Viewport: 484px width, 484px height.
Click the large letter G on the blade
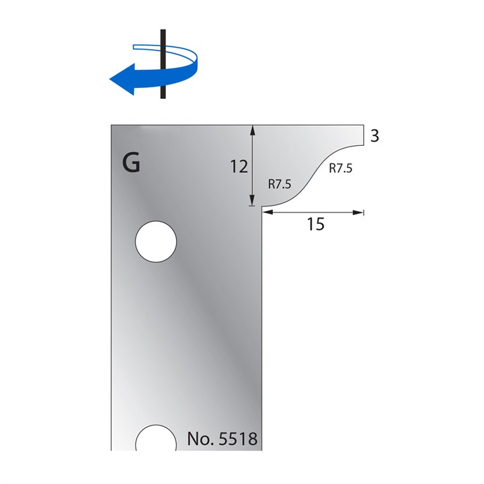click(x=131, y=163)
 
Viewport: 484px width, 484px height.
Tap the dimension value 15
click(x=315, y=225)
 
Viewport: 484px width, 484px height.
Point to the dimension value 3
click(x=375, y=135)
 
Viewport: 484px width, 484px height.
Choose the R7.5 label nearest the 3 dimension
click(x=339, y=169)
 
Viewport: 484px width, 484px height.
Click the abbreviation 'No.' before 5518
click(x=199, y=440)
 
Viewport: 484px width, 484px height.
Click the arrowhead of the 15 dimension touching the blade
click(x=267, y=212)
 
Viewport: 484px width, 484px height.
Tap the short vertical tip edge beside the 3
click(x=363, y=134)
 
